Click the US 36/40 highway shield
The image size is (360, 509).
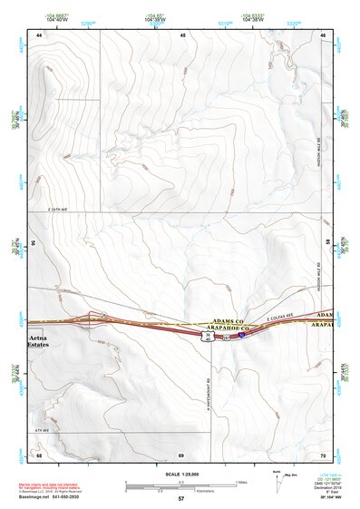click(x=208, y=336)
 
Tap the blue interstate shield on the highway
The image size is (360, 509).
click(x=243, y=335)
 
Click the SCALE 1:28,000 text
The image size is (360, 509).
click(x=181, y=475)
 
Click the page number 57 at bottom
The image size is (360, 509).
click(x=181, y=498)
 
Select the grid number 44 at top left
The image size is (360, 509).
click(x=39, y=34)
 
